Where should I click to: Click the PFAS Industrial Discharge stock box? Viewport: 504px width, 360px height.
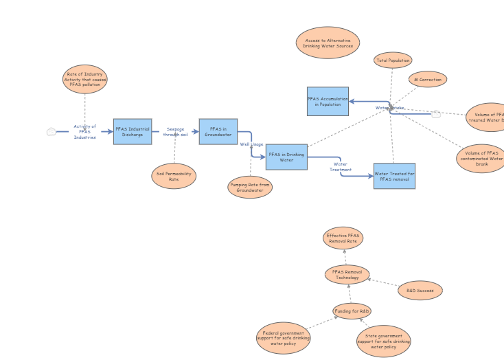click(x=133, y=131)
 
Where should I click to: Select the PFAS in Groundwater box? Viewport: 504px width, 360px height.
click(x=218, y=131)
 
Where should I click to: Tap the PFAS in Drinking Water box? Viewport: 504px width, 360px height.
click(x=286, y=157)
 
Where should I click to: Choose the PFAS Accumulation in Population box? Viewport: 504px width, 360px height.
click(x=328, y=101)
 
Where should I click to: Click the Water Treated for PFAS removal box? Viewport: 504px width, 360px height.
click(x=394, y=176)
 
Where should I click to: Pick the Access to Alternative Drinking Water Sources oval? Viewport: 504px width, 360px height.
click(x=328, y=43)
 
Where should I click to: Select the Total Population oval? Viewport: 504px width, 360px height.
click(x=393, y=60)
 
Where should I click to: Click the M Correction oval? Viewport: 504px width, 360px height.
click(x=428, y=80)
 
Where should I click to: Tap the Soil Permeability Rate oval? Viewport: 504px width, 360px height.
click(x=174, y=176)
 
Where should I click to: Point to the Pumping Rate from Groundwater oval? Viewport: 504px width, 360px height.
click(x=250, y=186)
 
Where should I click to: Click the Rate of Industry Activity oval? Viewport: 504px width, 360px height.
click(x=85, y=79)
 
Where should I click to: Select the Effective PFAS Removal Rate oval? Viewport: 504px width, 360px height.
click(x=343, y=238)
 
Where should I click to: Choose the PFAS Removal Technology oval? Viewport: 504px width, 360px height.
click(x=347, y=275)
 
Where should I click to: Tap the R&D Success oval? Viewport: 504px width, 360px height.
click(x=420, y=291)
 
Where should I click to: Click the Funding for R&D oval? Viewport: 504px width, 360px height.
click(x=352, y=311)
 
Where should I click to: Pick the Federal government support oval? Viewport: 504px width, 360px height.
click(x=283, y=337)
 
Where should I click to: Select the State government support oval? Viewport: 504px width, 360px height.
click(x=383, y=341)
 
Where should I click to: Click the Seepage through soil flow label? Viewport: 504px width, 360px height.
click(x=175, y=132)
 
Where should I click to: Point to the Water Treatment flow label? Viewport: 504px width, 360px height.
click(x=341, y=167)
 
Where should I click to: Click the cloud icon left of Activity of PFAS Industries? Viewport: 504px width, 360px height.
click(x=51, y=132)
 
